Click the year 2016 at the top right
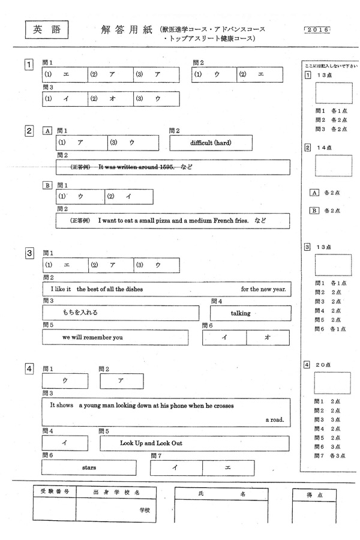317,29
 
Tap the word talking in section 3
241,313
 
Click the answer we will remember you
92,337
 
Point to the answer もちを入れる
80,313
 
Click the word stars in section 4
88,466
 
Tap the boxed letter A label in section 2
47,131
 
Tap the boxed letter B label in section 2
47,185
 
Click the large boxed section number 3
29,253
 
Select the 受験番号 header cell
55,491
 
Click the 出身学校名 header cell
117,491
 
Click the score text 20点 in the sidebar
323,364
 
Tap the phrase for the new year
263,289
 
